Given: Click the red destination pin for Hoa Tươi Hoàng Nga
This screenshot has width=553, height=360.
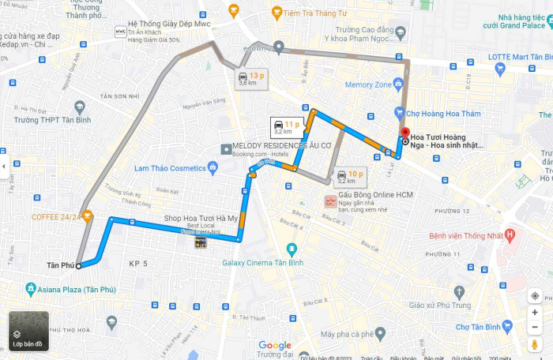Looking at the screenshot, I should coord(405,133).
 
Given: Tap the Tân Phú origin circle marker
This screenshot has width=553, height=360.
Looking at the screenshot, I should coord(78,266).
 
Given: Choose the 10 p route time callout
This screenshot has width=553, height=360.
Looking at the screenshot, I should coord(349,177).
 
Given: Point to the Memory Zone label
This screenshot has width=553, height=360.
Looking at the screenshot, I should coord(368,84).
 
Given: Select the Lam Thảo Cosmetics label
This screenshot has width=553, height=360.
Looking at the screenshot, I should coord(170,167).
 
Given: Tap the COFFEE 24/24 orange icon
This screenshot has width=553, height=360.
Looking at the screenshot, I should coord(88,216).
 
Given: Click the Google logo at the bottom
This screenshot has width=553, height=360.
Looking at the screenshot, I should coord(274,345).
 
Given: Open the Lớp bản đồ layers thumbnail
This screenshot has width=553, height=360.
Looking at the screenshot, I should coord(28,331).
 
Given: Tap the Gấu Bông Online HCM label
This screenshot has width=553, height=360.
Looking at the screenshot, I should coord(376,194).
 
